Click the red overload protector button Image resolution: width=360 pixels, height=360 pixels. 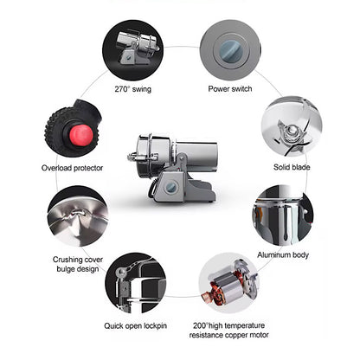[81, 135]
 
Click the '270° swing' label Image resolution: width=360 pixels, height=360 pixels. [132, 89]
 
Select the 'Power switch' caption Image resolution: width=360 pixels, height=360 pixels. [230, 88]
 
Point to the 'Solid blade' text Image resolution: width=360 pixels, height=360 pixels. [292, 167]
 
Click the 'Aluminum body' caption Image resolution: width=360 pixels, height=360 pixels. [283, 255]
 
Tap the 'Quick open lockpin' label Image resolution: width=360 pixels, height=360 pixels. [135, 326]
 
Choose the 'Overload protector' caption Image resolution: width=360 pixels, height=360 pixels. [72, 168]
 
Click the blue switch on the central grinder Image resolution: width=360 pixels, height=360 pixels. [171, 188]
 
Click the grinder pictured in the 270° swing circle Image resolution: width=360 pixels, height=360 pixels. [138, 48]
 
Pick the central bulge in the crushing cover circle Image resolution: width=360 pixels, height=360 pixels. [78, 214]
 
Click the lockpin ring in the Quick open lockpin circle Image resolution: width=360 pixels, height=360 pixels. [121, 271]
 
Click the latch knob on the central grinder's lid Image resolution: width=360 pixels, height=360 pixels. [132, 157]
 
